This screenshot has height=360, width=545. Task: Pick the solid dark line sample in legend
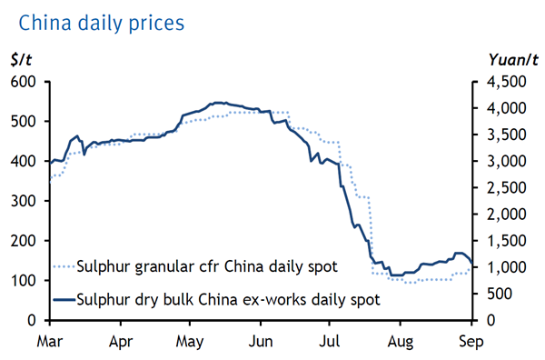click(x=64, y=298)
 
